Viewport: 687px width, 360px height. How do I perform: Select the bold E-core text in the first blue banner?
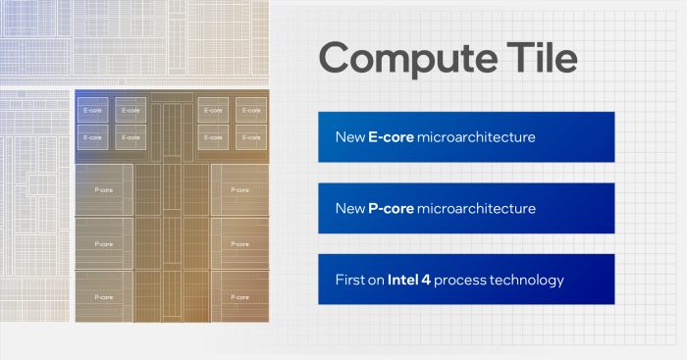391,137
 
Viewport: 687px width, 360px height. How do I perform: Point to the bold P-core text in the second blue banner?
391,209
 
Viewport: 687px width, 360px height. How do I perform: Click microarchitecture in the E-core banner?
476,137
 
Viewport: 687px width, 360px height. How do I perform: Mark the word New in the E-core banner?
349,137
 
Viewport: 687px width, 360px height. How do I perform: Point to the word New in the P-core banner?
349,209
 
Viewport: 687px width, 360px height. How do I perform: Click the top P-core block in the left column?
104,190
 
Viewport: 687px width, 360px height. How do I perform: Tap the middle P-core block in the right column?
239,242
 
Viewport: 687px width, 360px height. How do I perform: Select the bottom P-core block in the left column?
104,295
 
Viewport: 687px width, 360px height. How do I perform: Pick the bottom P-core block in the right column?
239,295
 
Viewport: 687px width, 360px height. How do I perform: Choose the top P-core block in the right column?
239,190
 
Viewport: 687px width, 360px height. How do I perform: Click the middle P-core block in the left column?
104,242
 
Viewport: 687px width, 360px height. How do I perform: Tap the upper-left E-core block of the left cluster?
91,111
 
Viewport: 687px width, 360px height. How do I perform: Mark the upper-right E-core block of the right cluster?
250,111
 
